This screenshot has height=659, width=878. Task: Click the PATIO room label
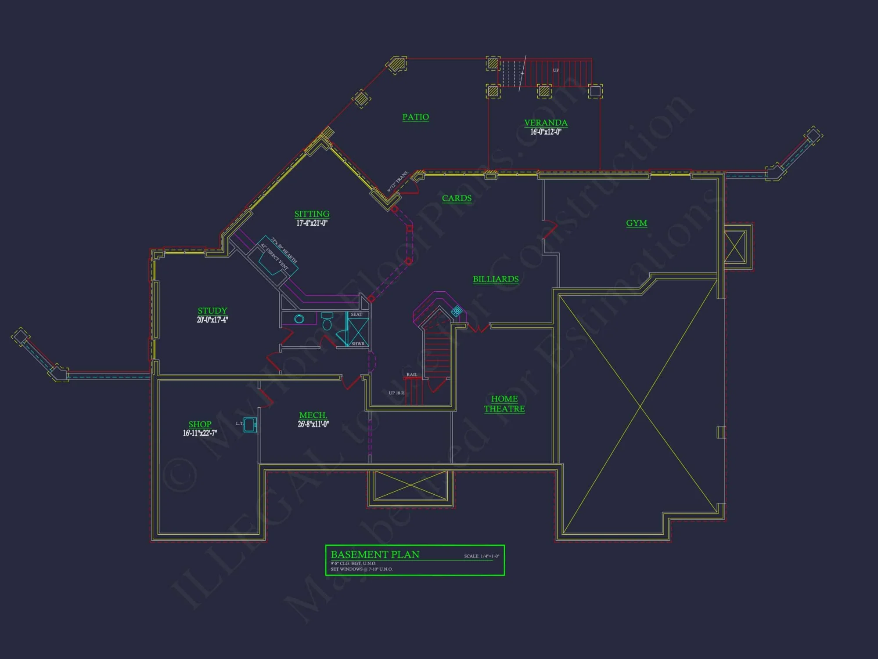(415, 117)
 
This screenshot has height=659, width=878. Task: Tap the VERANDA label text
(546, 123)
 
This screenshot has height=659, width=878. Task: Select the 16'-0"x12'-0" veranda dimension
(546, 132)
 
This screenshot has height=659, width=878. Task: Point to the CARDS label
(457, 198)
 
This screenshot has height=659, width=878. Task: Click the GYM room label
(636, 223)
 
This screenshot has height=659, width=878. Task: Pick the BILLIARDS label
(496, 279)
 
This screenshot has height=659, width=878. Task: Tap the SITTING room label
(312, 214)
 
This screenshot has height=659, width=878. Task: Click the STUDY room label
(212, 311)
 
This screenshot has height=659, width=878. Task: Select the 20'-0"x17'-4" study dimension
(212, 320)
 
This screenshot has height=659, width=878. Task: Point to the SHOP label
(200, 424)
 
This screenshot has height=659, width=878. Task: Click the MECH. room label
(313, 415)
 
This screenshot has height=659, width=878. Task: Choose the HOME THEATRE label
(504, 404)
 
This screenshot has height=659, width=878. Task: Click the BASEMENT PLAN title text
(375, 554)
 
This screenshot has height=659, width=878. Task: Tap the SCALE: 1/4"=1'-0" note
(482, 556)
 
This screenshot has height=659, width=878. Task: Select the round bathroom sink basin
(299, 319)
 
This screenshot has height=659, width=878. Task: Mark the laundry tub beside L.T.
(250, 425)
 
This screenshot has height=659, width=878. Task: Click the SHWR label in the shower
(358, 344)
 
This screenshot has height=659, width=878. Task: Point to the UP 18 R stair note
(396, 393)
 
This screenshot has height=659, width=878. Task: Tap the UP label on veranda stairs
(556, 70)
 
